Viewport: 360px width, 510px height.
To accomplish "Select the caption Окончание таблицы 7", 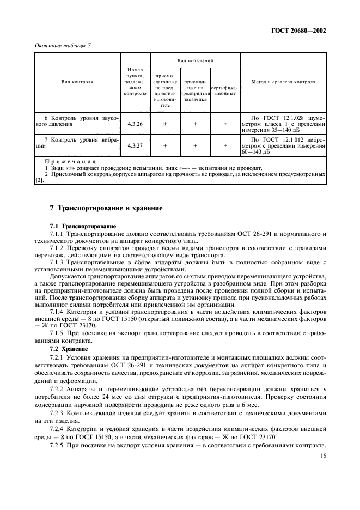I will click(62, 46).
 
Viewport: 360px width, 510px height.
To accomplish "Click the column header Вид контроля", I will click(77, 82).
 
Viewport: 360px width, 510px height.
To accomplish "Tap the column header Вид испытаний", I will click(194, 60).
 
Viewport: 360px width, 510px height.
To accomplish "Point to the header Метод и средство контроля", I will click(283, 82).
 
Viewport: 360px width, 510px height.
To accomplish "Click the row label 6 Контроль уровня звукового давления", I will click(77, 121).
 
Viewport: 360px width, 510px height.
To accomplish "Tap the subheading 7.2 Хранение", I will click(67, 333).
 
